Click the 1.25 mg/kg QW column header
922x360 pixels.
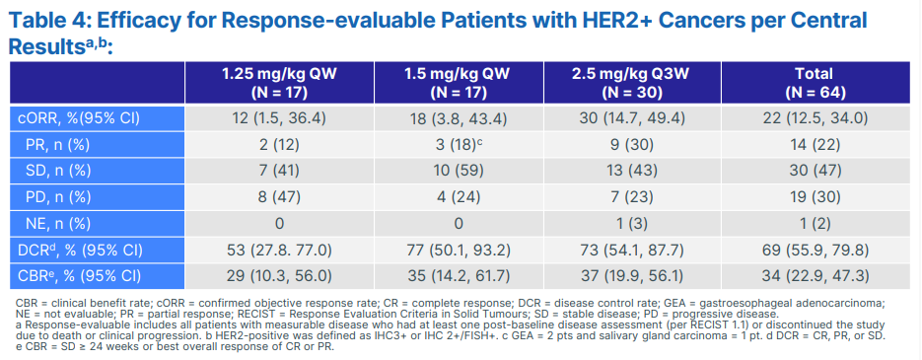click(279, 83)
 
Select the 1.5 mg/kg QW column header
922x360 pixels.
click(459, 83)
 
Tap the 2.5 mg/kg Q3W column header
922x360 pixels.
click(633, 83)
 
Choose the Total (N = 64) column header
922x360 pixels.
click(814, 83)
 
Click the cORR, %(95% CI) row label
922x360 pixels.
click(78, 118)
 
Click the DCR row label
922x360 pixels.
click(80, 250)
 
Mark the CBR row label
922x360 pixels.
click(80, 276)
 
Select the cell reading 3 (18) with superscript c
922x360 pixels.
click(459, 145)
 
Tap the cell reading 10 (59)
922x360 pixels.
click(459, 172)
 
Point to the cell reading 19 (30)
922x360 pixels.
click(814, 197)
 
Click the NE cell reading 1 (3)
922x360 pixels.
click(633, 224)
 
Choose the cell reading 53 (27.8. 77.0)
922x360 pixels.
click(279, 250)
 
